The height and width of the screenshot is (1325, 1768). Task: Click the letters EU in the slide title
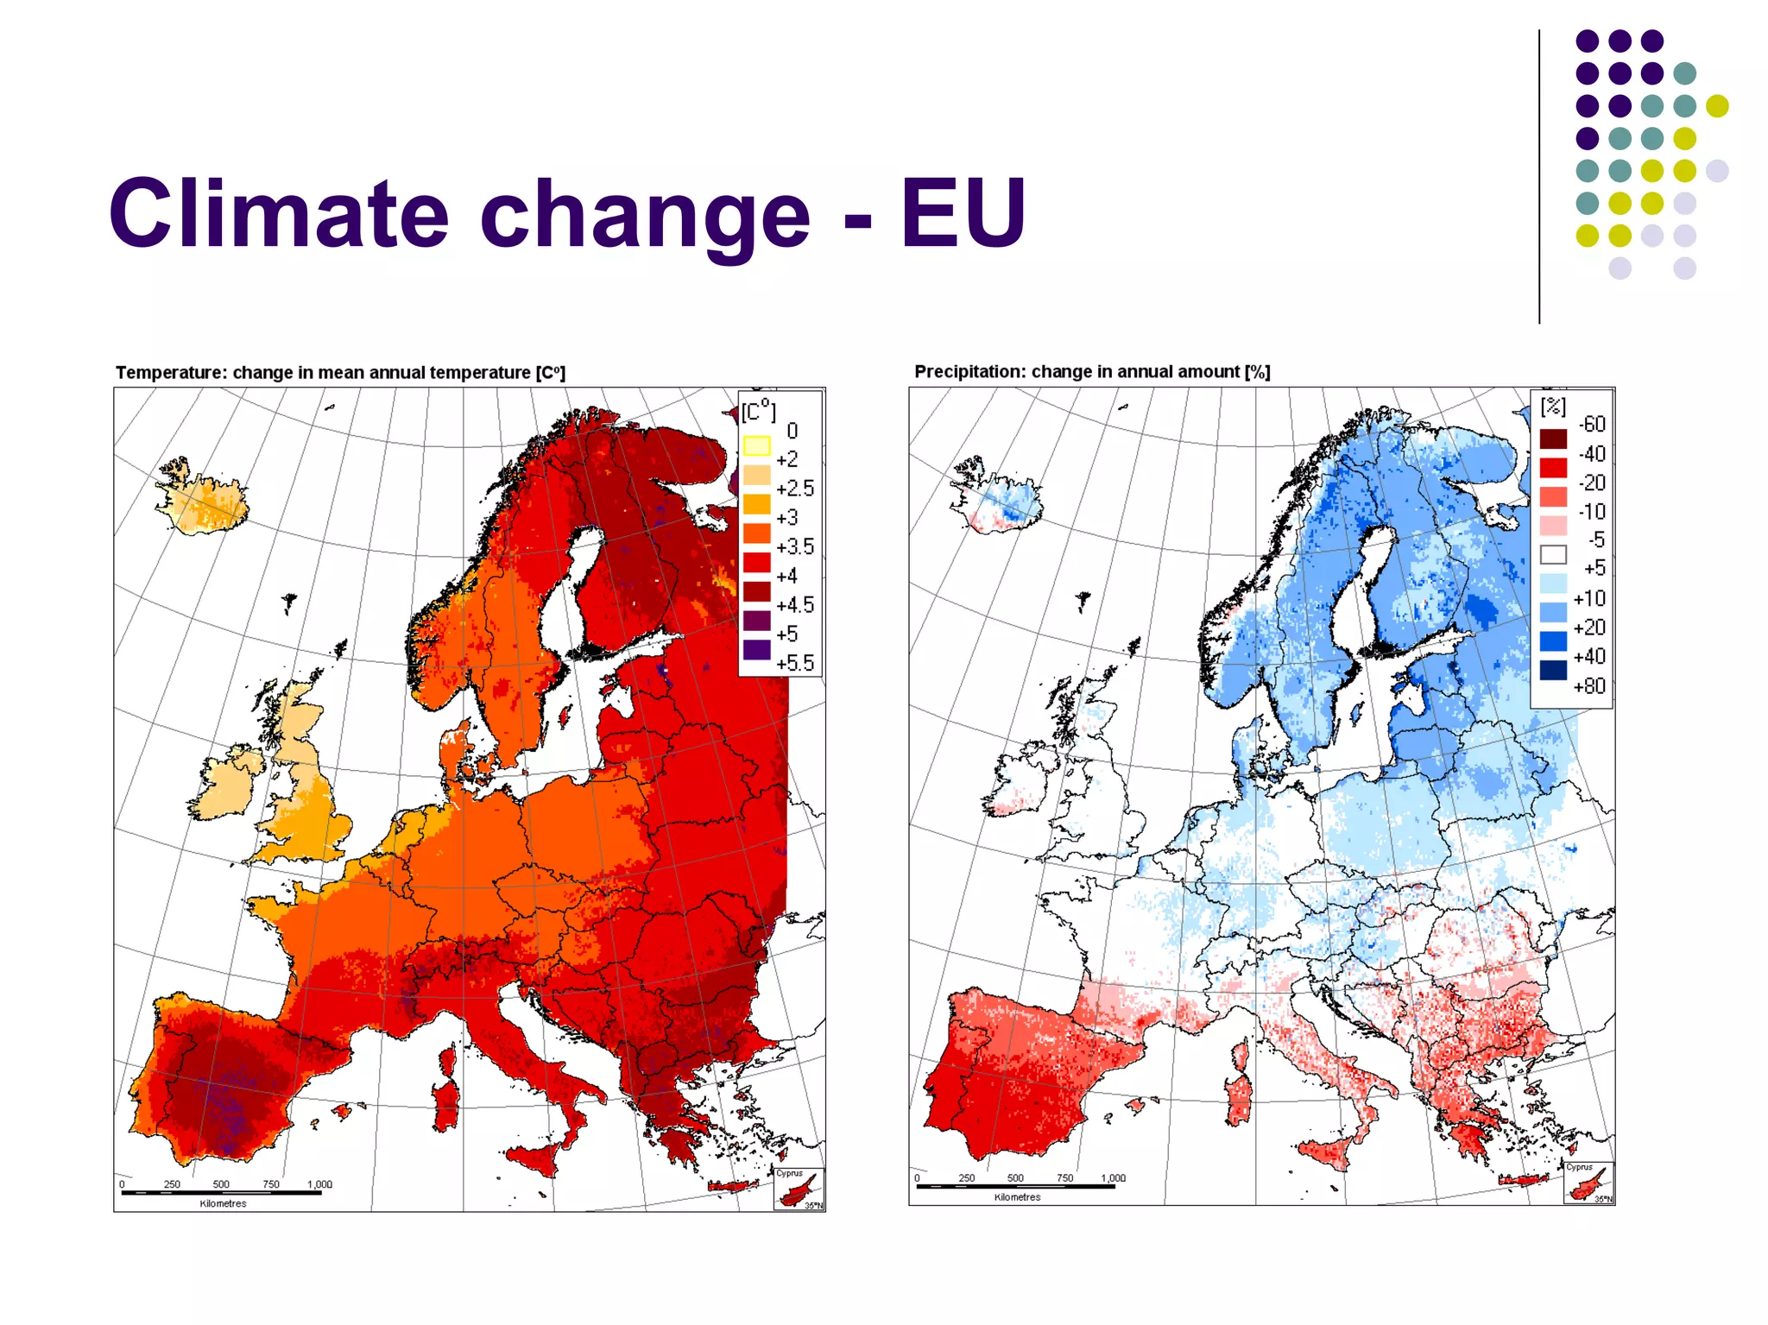click(x=963, y=213)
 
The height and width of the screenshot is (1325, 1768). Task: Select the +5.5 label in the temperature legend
click(x=794, y=663)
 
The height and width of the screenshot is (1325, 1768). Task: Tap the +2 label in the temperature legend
click(x=786, y=459)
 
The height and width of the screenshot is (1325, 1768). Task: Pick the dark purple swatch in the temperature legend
click(x=756, y=649)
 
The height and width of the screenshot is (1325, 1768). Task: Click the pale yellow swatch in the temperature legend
click(x=756, y=445)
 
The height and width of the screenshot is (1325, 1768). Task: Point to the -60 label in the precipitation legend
click(x=1591, y=424)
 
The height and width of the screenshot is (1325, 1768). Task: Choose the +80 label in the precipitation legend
click(x=1588, y=686)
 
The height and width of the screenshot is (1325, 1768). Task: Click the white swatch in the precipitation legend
click(x=1552, y=554)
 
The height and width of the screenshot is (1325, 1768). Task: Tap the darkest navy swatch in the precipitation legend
click(x=1552, y=671)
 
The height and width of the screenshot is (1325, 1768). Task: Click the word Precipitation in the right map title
click(x=969, y=371)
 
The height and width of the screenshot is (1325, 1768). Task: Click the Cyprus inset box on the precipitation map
click(x=1588, y=1183)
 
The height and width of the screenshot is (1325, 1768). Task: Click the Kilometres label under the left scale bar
click(x=223, y=1203)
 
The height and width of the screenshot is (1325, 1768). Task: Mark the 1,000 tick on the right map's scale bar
click(x=1113, y=1177)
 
